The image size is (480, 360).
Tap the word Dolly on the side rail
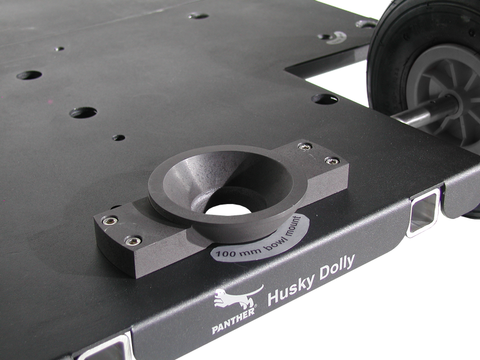point(337,268)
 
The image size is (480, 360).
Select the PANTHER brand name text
point(233,320)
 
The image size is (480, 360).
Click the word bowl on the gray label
point(274,242)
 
